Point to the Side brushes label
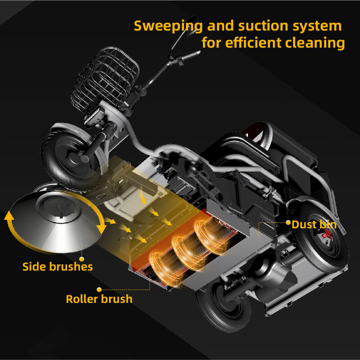coord(58,267)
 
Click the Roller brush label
coord(99,299)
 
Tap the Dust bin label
coord(314,224)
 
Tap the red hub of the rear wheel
coord(328,234)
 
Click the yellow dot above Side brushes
coord(82,258)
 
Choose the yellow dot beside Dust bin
coord(288,222)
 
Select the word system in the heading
coord(317,26)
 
